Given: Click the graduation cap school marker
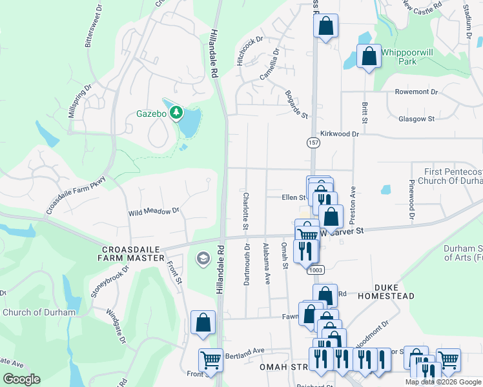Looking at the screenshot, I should [x=202, y=259].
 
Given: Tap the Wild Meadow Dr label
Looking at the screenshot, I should [x=153, y=212].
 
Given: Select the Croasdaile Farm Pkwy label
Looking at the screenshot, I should [x=76, y=195].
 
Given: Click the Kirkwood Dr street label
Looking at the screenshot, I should [x=343, y=134].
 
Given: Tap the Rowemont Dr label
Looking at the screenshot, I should [x=416, y=92].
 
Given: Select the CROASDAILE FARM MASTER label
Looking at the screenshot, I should [x=131, y=253].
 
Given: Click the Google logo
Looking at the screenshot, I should [x=21, y=379].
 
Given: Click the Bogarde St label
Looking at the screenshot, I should [x=296, y=104].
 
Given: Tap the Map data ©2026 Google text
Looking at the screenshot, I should [x=442, y=382].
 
